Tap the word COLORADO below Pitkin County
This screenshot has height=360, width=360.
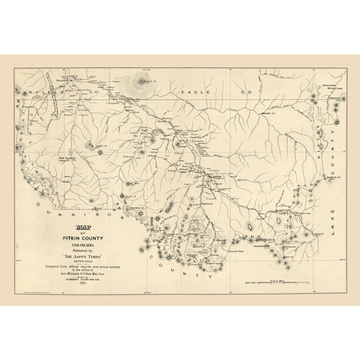81,244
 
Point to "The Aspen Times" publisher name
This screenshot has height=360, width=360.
81,256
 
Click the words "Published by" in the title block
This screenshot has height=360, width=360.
81,250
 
